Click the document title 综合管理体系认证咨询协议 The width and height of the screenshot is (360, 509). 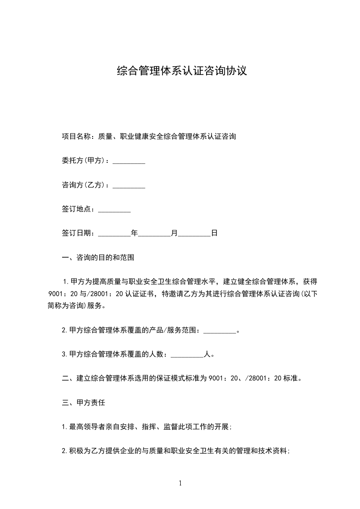coord(182,71)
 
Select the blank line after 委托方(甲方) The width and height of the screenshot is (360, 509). coord(128,162)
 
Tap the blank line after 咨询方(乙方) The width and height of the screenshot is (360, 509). coord(128,186)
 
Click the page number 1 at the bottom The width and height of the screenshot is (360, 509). coord(180,483)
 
